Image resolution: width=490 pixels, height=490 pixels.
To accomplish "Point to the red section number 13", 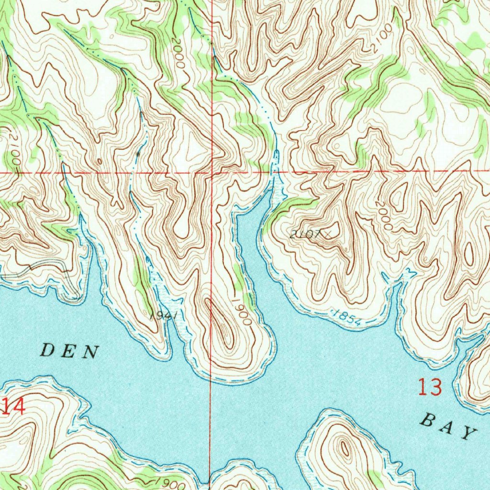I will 430,387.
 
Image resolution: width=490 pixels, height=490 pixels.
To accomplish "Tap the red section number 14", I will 13,407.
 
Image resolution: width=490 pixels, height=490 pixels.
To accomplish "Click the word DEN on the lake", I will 70,352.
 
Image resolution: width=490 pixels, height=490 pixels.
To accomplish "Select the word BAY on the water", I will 449,427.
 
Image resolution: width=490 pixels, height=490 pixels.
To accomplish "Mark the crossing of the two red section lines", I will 212,172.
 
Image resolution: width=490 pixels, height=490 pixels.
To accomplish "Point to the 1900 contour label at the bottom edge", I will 171,483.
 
